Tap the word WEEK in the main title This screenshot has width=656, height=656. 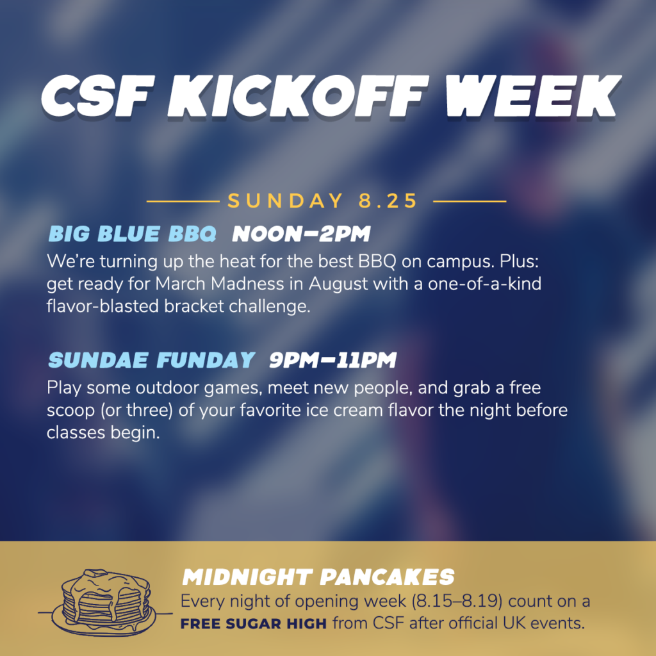click(x=533, y=96)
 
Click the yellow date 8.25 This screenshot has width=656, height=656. click(x=388, y=201)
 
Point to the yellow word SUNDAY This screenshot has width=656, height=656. click(x=285, y=201)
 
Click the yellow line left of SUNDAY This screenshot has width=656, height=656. click(x=183, y=201)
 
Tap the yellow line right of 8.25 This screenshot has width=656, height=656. click(x=470, y=201)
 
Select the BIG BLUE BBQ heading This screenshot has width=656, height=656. click(x=132, y=234)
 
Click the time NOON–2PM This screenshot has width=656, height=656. click(x=301, y=234)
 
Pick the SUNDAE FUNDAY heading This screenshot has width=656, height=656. click(x=151, y=360)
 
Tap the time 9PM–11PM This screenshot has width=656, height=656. click(x=332, y=360)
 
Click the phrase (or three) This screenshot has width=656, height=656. click(x=136, y=411)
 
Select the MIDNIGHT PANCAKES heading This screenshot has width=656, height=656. click(x=318, y=577)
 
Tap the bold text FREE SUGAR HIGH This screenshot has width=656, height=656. click(x=254, y=624)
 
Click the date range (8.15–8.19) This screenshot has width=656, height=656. click(x=457, y=602)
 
